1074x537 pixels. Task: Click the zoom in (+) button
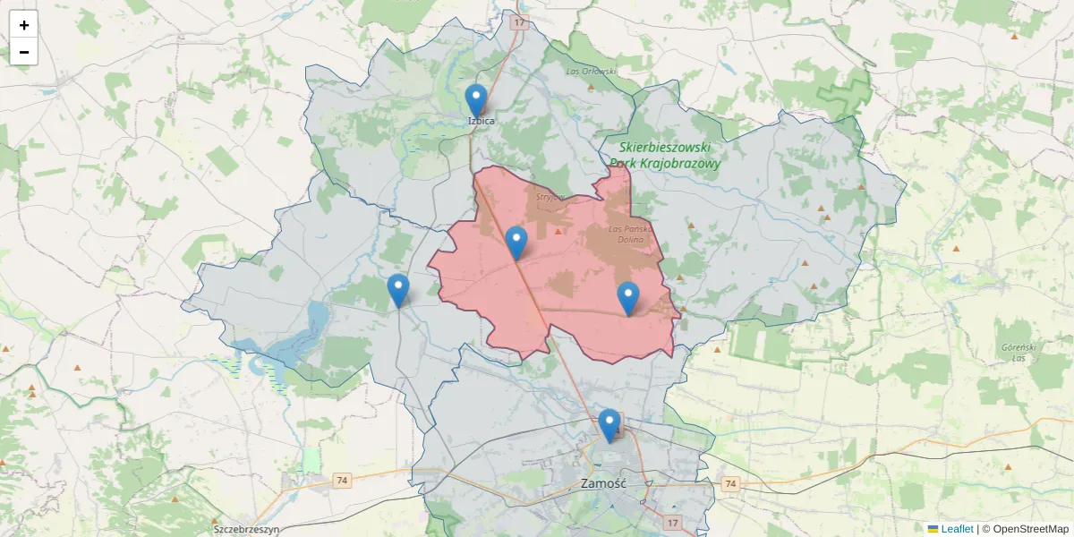tap(24, 25)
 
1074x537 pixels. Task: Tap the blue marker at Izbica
tap(476, 99)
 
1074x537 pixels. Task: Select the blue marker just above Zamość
tap(609, 424)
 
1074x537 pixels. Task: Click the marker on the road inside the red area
tap(516, 242)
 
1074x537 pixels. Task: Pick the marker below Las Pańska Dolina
tap(628, 297)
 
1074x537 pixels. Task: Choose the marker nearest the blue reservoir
tap(398, 290)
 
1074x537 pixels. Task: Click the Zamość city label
tap(602, 483)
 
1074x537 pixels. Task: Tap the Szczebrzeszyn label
tap(246, 529)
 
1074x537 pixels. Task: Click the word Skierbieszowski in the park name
tap(664, 147)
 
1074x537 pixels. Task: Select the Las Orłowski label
tap(592, 71)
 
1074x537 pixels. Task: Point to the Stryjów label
tap(548, 195)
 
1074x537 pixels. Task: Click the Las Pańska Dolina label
tap(633, 234)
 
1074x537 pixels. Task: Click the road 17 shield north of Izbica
tap(518, 21)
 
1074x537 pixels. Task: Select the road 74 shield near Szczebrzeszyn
tap(342, 481)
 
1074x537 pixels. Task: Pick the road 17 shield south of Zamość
tap(673, 522)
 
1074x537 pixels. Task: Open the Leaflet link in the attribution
tap(956, 529)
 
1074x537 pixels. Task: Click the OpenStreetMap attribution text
tap(1025, 529)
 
